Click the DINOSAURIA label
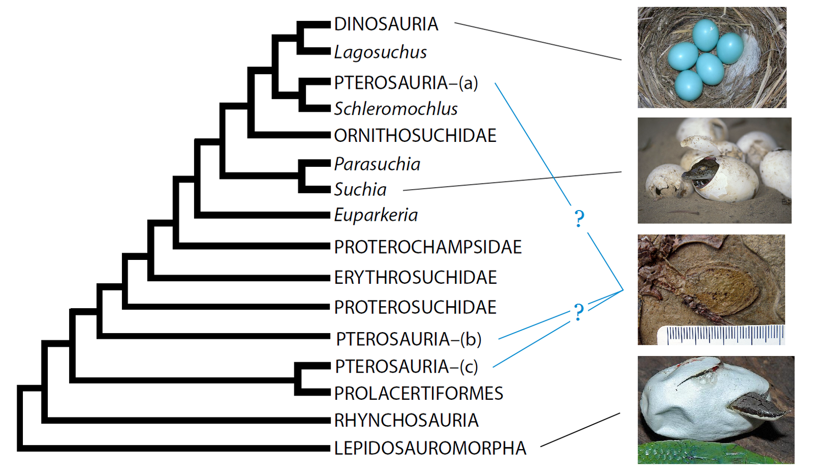(x=386, y=24)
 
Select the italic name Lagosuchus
(x=380, y=52)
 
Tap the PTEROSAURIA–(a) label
(x=406, y=82)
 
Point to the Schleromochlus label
(x=396, y=108)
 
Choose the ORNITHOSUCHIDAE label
(x=415, y=135)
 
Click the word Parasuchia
(x=377, y=164)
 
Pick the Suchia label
(x=360, y=189)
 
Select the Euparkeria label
(x=376, y=215)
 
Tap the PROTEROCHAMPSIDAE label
(x=428, y=247)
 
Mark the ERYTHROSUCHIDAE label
(x=415, y=277)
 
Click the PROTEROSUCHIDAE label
(x=415, y=307)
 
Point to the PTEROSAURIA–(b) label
(x=409, y=339)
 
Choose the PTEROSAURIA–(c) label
(x=407, y=366)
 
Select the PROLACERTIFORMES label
(x=418, y=393)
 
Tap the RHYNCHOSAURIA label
(x=406, y=420)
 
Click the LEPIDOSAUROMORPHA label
(x=430, y=448)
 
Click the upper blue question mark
(x=579, y=219)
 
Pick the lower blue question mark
(x=578, y=312)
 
